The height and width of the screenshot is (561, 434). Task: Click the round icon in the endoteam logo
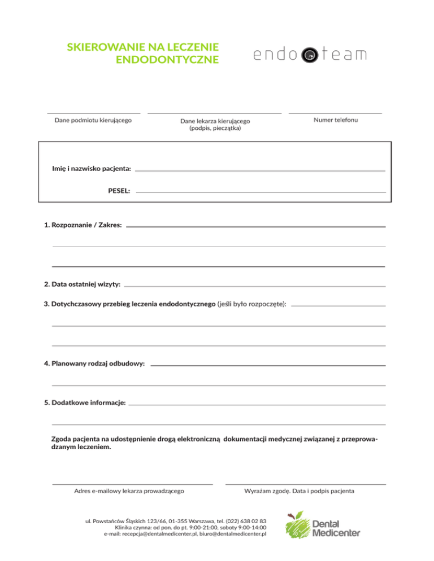click(x=309, y=55)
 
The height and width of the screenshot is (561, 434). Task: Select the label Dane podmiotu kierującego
click(x=93, y=120)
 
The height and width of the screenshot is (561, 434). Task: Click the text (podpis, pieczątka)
click(x=215, y=128)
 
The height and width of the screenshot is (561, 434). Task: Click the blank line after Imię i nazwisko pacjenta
click(x=260, y=170)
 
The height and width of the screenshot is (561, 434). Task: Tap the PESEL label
click(x=119, y=191)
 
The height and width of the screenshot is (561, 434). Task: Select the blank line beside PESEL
click(x=260, y=192)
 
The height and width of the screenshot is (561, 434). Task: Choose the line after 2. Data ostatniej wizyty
click(x=254, y=286)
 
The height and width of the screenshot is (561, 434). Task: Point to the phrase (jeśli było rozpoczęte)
click(x=251, y=304)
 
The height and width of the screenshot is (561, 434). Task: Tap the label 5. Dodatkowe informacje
click(x=85, y=404)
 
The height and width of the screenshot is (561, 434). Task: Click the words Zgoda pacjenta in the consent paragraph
click(x=75, y=438)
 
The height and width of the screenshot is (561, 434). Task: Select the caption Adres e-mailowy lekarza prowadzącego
click(x=129, y=491)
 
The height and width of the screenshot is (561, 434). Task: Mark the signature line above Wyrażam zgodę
click(x=305, y=484)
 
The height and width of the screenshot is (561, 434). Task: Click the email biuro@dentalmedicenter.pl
click(x=233, y=533)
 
